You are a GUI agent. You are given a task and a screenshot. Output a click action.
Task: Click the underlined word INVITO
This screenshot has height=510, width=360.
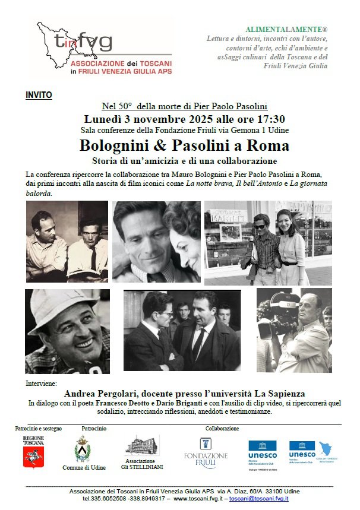point(39,95)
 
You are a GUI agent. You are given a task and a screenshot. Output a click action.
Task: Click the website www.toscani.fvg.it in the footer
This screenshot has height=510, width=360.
point(198,499)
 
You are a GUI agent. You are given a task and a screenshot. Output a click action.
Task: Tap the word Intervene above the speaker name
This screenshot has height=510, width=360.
point(41,383)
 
